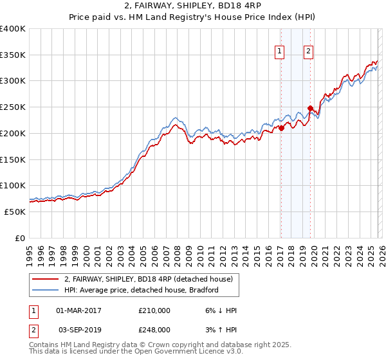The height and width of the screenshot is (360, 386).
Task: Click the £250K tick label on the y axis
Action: point(13,107)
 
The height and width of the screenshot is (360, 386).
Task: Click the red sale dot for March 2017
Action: point(281,128)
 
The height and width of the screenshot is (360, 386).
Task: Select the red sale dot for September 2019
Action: point(310,108)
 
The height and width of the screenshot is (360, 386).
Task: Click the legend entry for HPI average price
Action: point(142,290)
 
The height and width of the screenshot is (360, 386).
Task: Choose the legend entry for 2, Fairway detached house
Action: point(152,279)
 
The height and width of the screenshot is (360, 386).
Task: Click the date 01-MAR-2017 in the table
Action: point(79,310)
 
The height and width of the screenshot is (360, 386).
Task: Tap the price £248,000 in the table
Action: point(154,330)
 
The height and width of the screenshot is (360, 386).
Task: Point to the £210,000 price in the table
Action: point(154,310)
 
